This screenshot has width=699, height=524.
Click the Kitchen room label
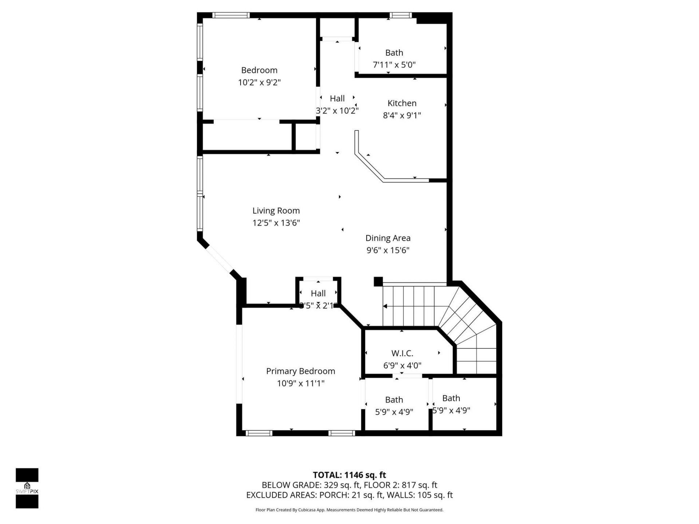[x=402, y=103]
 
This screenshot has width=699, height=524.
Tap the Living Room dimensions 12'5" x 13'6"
[x=276, y=223]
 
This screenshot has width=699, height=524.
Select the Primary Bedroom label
[x=300, y=371]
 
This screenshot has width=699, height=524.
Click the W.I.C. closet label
[x=402, y=353]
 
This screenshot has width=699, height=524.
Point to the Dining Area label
[x=388, y=238]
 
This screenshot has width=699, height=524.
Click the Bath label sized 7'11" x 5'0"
[x=394, y=53]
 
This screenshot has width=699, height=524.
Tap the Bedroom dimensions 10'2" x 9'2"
[x=259, y=82]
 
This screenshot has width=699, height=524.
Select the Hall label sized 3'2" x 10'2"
[x=337, y=98]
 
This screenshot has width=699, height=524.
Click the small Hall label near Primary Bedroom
[x=318, y=293]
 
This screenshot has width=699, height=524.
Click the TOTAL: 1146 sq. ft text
[x=349, y=475]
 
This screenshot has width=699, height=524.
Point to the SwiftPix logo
[x=27, y=488]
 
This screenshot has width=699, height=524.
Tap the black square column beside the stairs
[x=378, y=281]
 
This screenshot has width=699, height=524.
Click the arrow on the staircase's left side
[x=385, y=306]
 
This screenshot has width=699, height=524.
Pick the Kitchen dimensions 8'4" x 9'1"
[x=402, y=115]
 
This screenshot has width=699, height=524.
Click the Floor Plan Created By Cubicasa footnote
[x=349, y=510]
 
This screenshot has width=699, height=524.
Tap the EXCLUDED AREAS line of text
[x=349, y=495]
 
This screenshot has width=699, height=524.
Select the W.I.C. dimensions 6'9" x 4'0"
[x=402, y=365]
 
